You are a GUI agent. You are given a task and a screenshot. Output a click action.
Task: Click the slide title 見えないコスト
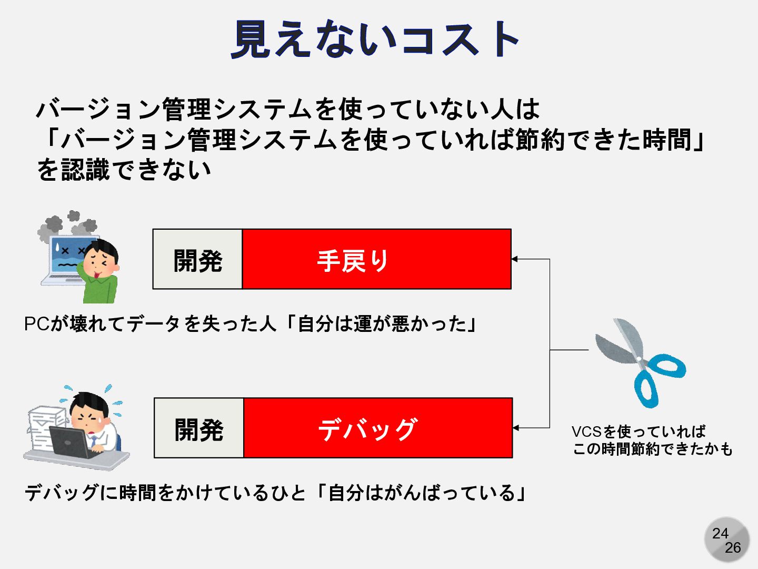click(375, 39)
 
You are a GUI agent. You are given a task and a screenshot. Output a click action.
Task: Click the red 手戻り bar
click(376, 259)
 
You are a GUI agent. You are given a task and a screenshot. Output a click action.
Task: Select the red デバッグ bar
click(378, 428)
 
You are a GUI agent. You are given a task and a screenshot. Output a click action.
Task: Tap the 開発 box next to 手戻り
click(198, 259)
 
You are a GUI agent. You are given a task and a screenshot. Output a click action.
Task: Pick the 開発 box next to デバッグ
click(199, 428)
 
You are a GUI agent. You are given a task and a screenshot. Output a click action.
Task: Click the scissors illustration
click(637, 358)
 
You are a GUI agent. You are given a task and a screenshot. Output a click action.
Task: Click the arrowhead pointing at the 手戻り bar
click(515, 259)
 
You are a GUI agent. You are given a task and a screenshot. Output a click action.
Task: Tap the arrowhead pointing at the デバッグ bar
click(516, 428)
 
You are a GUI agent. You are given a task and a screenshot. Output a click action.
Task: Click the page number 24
click(720, 533)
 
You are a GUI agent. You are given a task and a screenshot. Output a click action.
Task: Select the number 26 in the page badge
click(732, 547)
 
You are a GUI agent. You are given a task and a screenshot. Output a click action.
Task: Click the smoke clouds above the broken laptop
click(68, 224)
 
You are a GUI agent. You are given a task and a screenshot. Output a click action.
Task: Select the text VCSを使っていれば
click(638, 431)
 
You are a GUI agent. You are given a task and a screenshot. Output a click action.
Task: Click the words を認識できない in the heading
click(124, 170)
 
